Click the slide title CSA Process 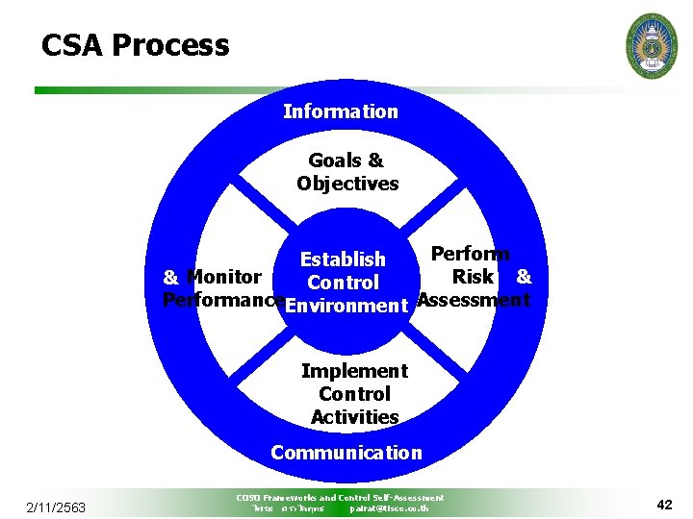tap(135, 45)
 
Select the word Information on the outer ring tap(340, 111)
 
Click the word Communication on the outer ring tap(346, 452)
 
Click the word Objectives tap(347, 184)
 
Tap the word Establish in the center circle tap(343, 259)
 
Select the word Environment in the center tap(347, 307)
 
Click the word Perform tap(470, 254)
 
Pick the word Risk tap(473, 277)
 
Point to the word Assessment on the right tap(474, 300)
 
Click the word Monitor tap(224, 277)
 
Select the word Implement tap(354, 371)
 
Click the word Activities tap(354, 417)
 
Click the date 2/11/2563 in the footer tap(56, 507)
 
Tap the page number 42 tap(664, 505)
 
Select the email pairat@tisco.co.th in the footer tap(389, 507)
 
